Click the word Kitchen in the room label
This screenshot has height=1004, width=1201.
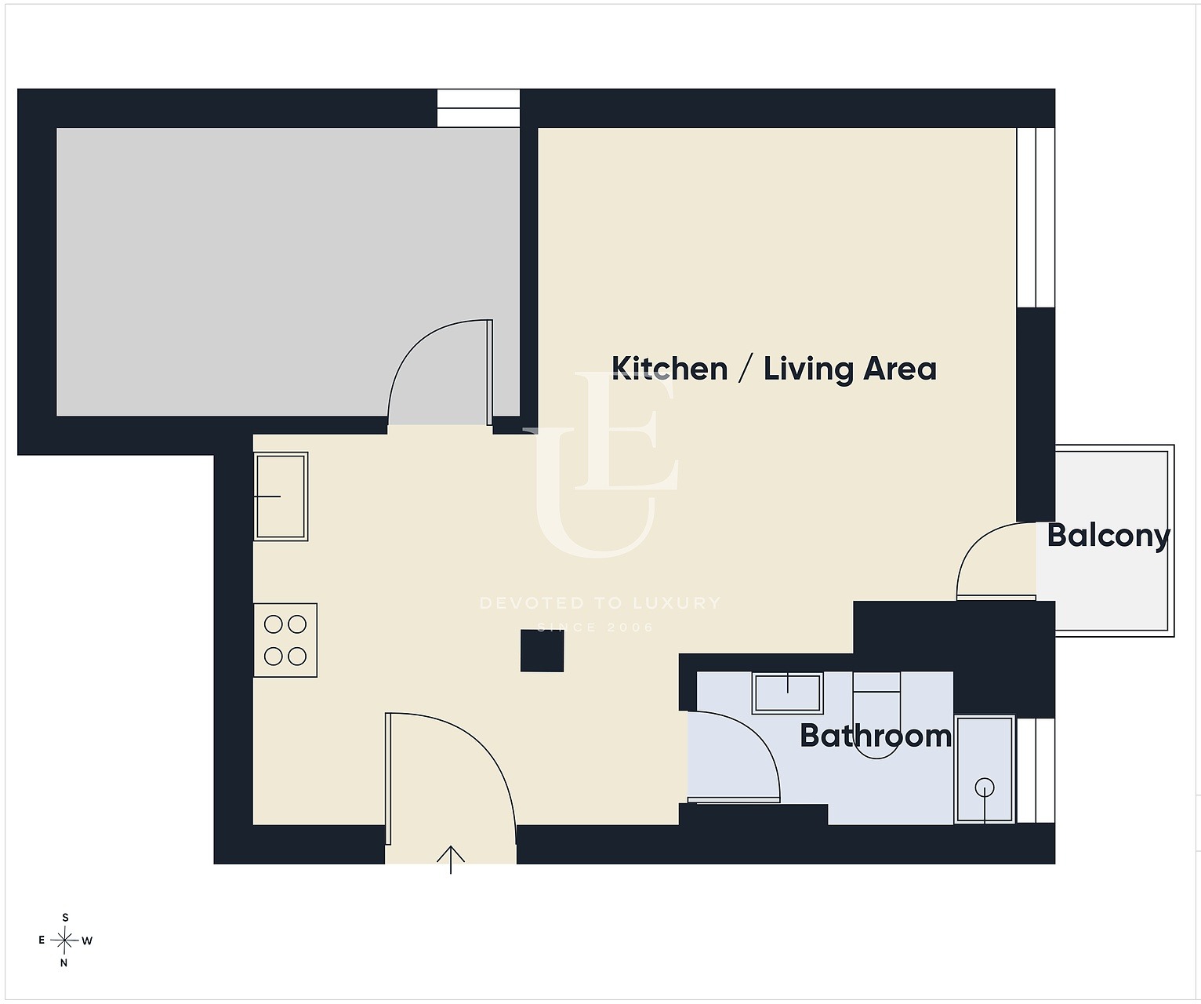point(669,369)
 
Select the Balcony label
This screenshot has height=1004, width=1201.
point(1108,536)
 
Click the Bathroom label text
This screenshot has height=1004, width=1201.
point(876,736)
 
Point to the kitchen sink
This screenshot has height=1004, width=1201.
point(281,497)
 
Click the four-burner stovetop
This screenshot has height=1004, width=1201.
point(285,640)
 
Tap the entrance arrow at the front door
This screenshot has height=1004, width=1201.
point(450,860)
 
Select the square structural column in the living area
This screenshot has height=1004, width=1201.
point(542,650)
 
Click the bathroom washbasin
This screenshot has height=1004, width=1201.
point(787,693)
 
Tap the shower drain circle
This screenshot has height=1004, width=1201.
point(985,787)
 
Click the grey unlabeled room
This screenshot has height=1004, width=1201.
point(288,271)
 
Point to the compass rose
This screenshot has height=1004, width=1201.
point(64,940)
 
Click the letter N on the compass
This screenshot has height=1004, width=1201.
point(63,962)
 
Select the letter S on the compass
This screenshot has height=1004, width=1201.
point(66,918)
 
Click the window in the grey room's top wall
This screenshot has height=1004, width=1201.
point(478,108)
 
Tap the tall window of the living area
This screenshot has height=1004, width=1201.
point(1036,217)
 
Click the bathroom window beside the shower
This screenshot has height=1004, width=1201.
point(1036,770)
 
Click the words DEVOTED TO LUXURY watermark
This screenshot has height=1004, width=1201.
point(600,602)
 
